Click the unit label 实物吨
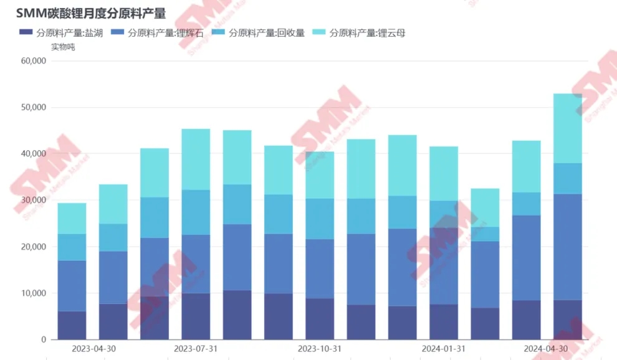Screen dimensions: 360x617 [x=62, y=47]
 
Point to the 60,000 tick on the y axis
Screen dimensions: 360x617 [x=34, y=61]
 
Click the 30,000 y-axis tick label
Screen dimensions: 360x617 [x=34, y=201]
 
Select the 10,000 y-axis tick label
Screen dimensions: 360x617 [x=34, y=293]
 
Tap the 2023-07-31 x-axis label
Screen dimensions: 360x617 [x=196, y=349]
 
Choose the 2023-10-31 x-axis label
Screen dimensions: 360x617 [x=320, y=349]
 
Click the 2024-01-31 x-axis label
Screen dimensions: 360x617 [x=443, y=349]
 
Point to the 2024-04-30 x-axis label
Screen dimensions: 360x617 [x=546, y=349]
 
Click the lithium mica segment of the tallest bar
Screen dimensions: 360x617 [x=568, y=128]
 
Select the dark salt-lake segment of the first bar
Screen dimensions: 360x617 [x=72, y=325]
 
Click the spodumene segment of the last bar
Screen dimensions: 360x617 [x=568, y=247]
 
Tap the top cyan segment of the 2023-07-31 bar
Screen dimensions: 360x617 [x=196, y=159]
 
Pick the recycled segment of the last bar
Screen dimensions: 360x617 [x=568, y=179]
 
